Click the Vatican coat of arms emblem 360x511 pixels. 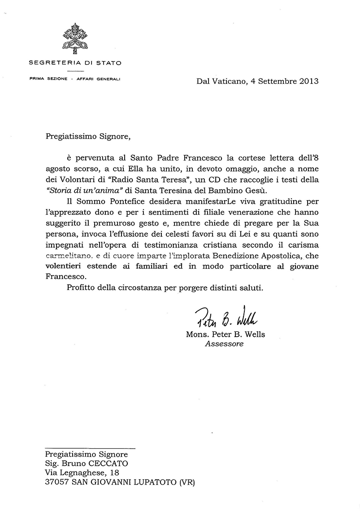point(75,39)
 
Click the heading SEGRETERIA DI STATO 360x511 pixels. point(75,63)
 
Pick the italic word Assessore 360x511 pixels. point(224,345)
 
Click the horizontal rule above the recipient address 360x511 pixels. point(90,447)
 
